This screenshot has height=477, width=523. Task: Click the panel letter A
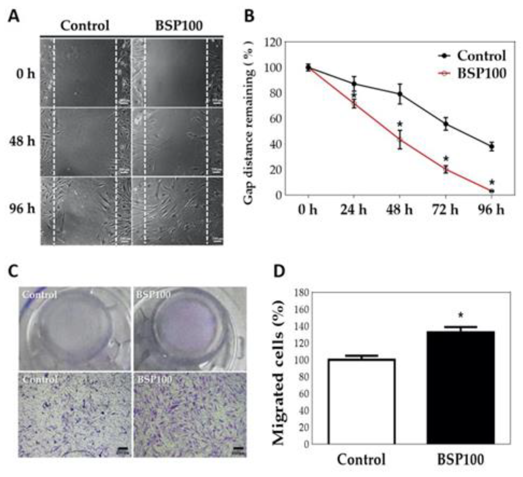tap(14, 17)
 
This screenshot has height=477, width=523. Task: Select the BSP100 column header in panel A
tap(179, 26)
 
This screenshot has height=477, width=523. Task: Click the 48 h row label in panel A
tap(22, 141)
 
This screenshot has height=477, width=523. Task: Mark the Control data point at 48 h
tap(400, 94)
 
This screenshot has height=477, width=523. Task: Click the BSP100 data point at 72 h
tap(446, 169)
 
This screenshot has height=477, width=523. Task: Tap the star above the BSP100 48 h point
tap(400, 124)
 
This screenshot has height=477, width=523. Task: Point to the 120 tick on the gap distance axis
tap(273, 43)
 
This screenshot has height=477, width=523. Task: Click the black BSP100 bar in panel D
tap(460, 387)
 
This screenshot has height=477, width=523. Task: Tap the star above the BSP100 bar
tap(461, 315)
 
